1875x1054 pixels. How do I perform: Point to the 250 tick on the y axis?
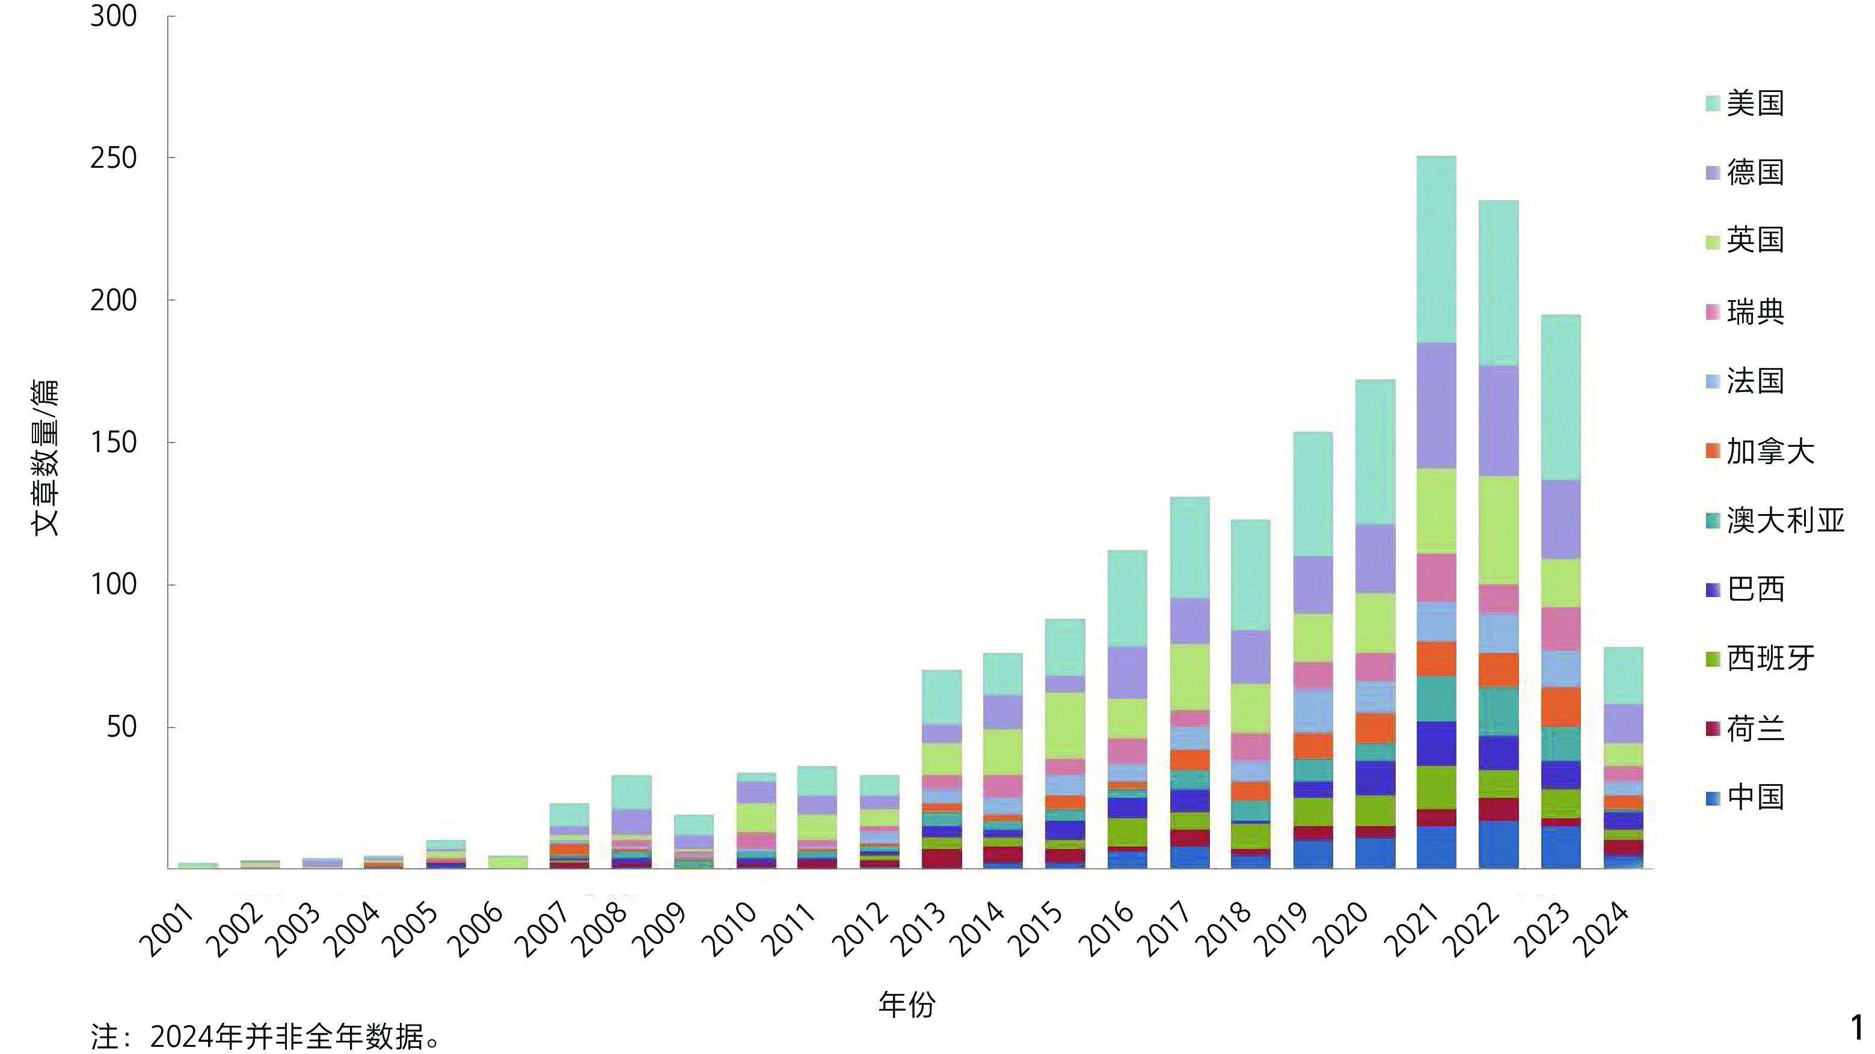tap(114, 158)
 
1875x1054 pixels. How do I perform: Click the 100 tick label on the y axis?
tap(114, 584)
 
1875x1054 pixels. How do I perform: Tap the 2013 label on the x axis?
tap(919, 930)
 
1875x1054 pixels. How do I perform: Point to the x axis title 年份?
tap(907, 1003)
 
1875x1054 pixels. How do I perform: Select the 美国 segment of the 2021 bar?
tap(1436, 249)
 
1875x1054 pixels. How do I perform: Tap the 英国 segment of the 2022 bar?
tap(1499, 530)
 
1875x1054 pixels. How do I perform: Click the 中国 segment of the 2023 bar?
tap(1560, 847)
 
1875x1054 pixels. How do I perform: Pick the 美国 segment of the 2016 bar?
tap(1127, 598)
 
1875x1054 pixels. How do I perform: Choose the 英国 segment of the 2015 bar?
tap(1065, 726)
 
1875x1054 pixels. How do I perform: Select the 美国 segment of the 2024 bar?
tap(1623, 675)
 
